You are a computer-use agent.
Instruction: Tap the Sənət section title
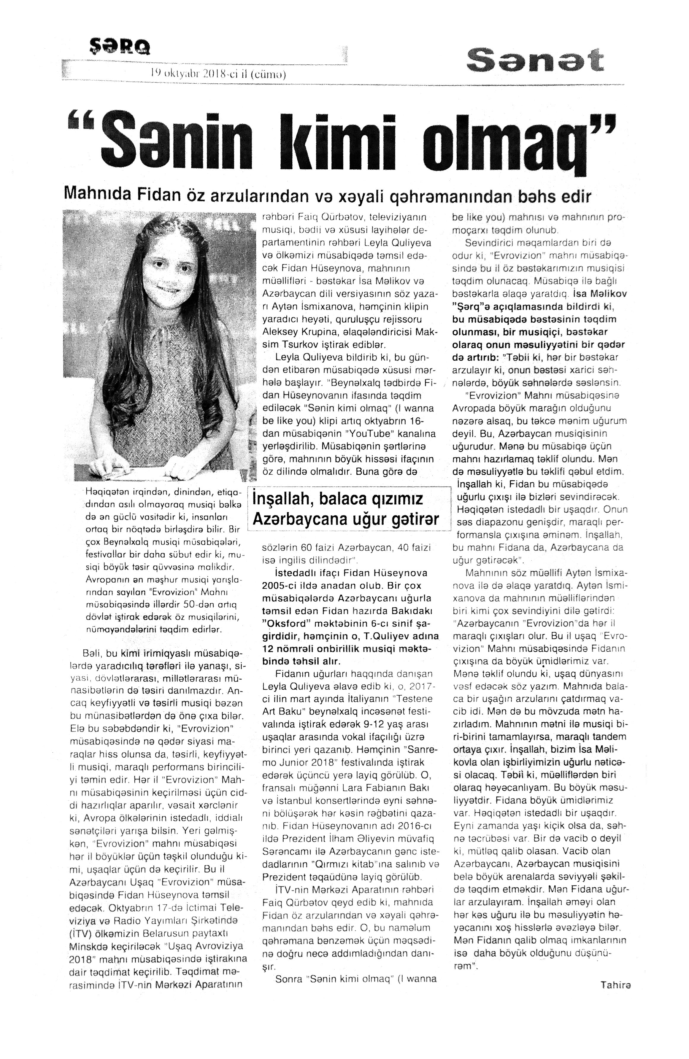click(535, 61)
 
